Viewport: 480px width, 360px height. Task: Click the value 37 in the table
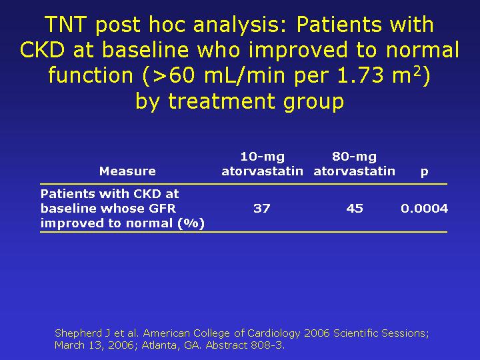(x=262, y=209)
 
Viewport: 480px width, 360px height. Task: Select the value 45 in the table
(x=355, y=209)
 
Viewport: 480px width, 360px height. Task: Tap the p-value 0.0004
(x=424, y=209)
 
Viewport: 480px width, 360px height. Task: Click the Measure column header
(x=127, y=171)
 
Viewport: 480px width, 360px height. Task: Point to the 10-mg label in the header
(x=263, y=157)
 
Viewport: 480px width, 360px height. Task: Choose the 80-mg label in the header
(x=355, y=157)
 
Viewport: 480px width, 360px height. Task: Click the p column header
(x=424, y=173)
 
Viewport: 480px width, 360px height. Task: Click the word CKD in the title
(x=42, y=50)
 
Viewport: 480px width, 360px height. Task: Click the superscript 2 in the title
(x=418, y=71)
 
